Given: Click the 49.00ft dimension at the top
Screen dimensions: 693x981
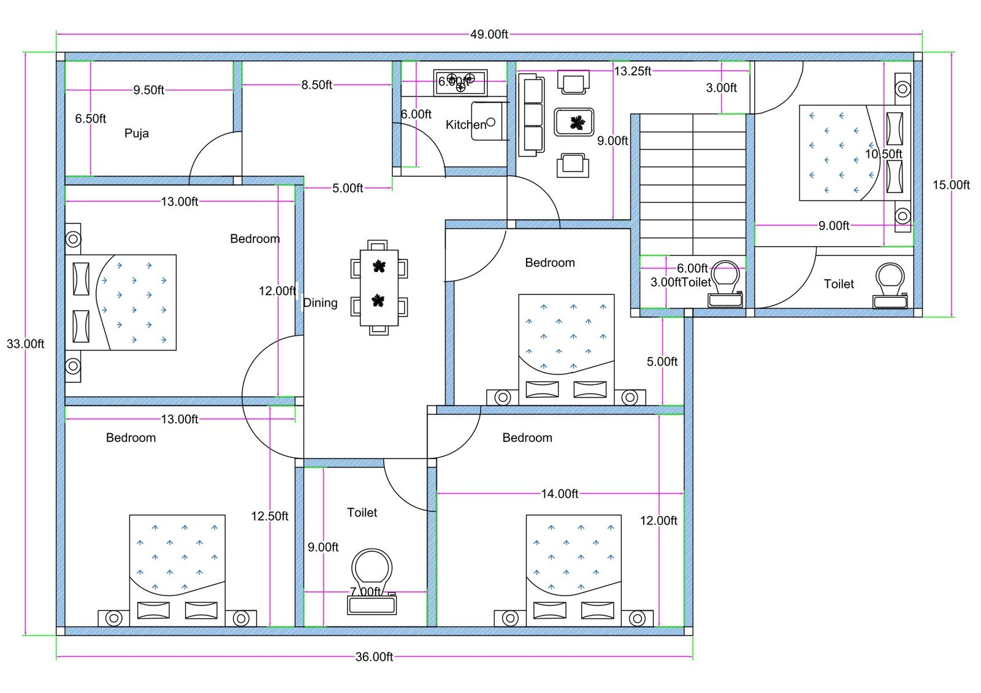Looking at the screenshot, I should coord(489,34).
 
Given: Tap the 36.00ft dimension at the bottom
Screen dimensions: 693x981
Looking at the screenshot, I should coord(374,657).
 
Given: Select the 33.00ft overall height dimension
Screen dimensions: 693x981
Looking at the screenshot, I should coord(25,344).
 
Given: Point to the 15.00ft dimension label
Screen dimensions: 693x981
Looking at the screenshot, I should coord(951,185).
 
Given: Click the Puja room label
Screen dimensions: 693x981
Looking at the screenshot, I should coord(136,134).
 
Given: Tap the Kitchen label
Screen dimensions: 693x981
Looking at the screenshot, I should coord(465,125).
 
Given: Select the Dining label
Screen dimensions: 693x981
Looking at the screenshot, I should coord(320,303).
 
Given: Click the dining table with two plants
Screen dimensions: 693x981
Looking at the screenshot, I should coord(379,287).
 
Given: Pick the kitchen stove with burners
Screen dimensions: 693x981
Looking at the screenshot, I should coord(460,83).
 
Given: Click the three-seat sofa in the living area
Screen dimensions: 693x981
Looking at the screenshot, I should coord(531,115).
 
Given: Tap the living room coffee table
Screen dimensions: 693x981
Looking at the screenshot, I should coord(574,122).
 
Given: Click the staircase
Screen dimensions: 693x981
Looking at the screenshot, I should coord(693,184).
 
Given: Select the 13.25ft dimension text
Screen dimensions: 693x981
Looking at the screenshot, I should coord(633,71).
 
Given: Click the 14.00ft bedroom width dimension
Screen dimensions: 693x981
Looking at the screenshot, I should coord(559,494).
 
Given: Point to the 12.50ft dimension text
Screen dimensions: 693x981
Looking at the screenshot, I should coord(269,517).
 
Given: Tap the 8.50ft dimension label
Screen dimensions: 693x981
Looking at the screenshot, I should coord(316,85).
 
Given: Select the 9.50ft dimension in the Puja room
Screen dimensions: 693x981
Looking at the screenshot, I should coord(148,90).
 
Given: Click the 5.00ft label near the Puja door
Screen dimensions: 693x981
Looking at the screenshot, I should coord(348,188).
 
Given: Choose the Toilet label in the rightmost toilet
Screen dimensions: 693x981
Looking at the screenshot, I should coord(838,284).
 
